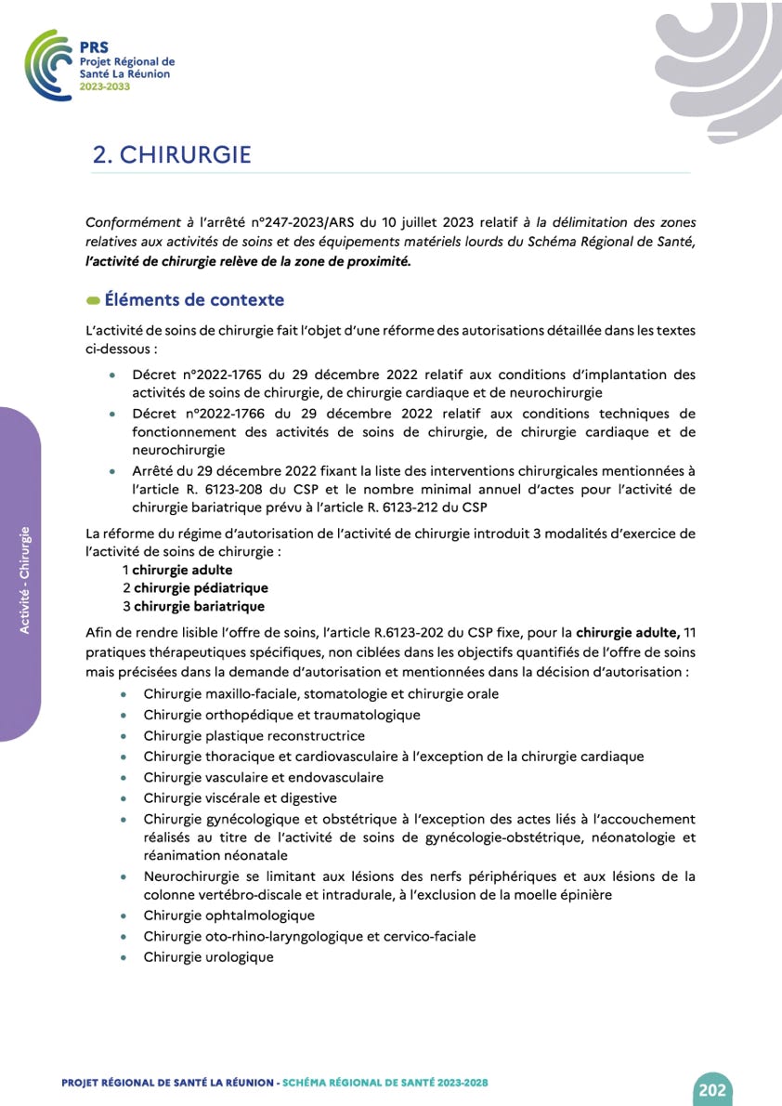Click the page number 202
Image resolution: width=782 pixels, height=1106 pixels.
point(711,1089)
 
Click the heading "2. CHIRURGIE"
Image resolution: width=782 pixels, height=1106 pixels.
point(172,154)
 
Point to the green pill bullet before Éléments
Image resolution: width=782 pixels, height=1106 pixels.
point(93,301)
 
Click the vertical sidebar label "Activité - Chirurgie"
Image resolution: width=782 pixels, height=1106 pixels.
point(25,580)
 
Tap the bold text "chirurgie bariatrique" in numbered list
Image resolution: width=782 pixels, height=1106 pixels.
point(199,606)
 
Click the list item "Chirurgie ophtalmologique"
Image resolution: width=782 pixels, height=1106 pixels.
point(229,915)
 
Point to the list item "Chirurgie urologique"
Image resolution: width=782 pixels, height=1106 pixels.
point(209,956)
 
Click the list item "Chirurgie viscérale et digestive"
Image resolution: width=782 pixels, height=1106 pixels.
point(241,797)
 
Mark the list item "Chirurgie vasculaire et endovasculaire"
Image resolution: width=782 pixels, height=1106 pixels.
point(264,777)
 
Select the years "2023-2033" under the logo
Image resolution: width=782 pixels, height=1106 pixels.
point(105,86)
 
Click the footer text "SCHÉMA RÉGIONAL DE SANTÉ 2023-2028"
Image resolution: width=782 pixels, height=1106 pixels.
point(385,1084)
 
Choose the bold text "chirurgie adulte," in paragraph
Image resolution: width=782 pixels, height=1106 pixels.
point(627,634)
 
